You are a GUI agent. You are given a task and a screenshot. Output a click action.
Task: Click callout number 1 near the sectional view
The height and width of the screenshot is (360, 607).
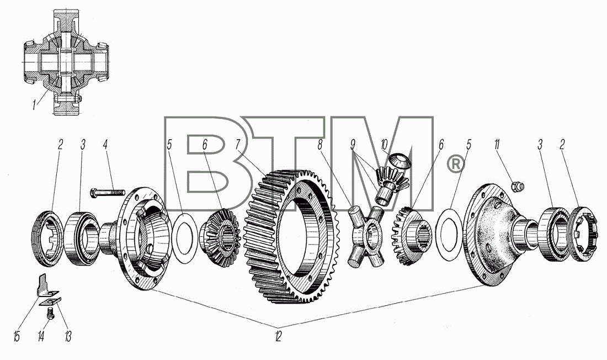34,104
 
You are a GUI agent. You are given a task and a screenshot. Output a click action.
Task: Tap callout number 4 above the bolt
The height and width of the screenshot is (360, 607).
105,145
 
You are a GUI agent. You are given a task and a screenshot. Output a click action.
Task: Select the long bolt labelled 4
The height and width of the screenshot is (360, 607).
107,192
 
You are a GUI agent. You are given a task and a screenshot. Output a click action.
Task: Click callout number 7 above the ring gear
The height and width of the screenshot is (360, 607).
238,145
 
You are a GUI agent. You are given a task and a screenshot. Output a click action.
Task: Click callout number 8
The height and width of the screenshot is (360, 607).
320,145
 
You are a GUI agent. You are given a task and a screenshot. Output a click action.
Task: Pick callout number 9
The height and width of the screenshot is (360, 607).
353,145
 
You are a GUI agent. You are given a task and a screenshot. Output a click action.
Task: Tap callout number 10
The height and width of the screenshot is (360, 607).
384,145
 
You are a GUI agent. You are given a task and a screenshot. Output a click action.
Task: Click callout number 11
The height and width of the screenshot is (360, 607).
496,145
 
